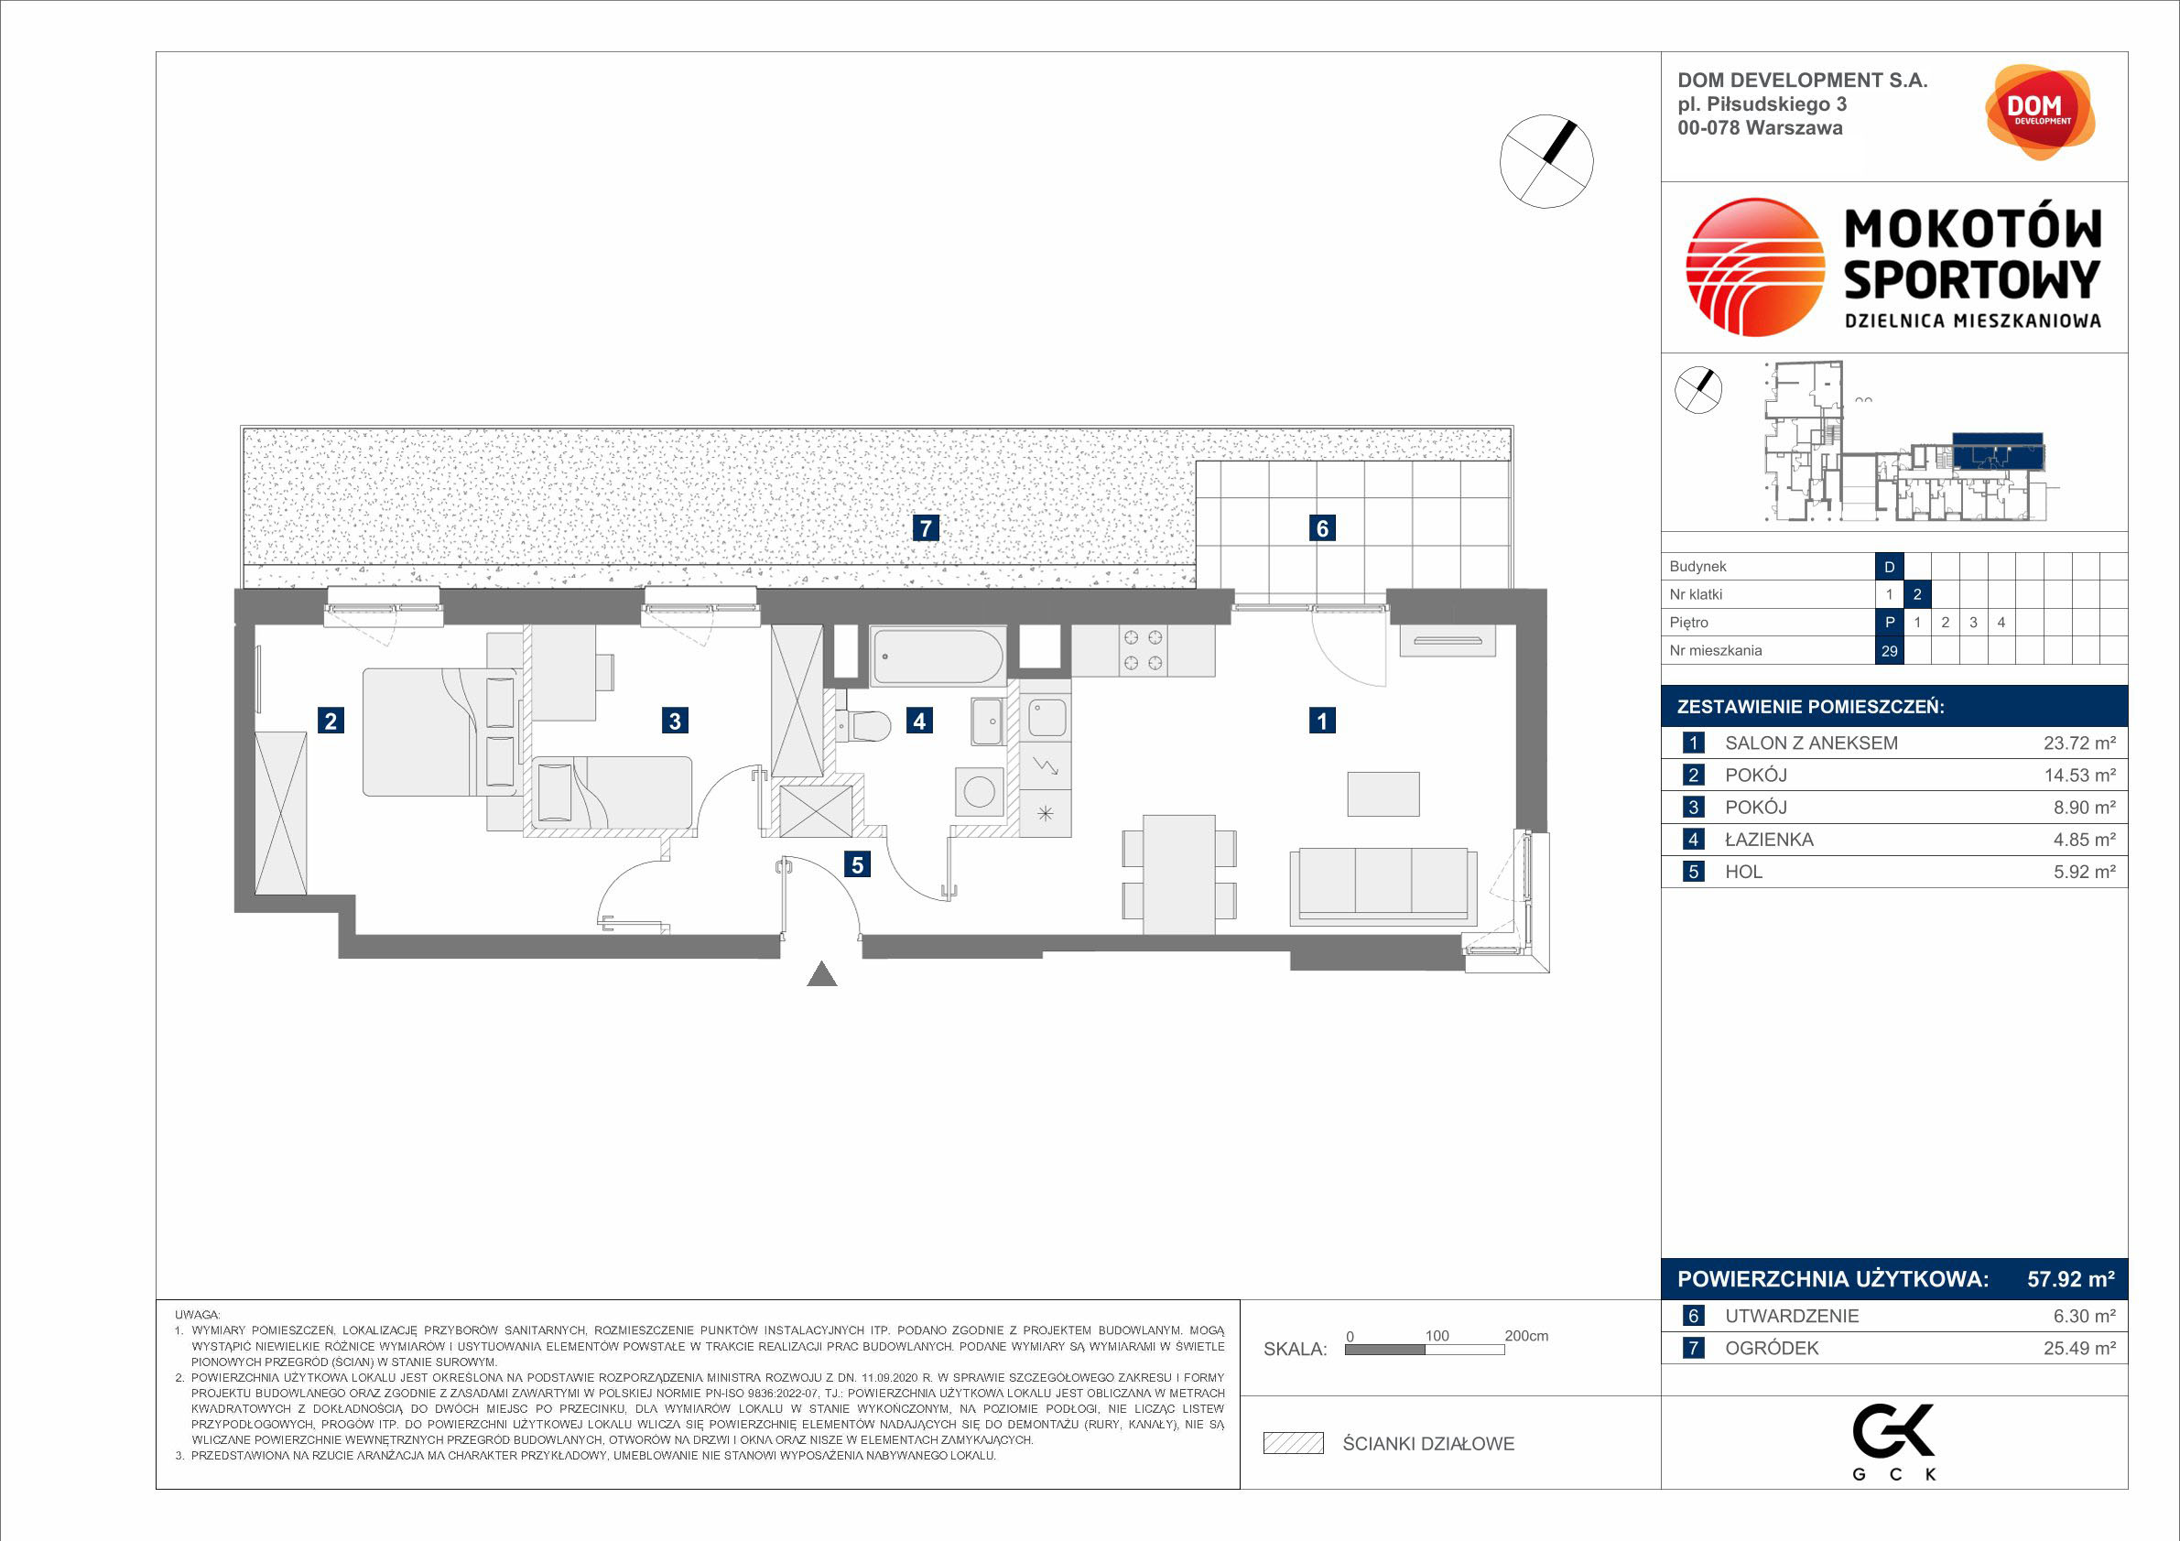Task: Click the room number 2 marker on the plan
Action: click(x=331, y=721)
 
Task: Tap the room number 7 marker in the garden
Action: click(x=926, y=528)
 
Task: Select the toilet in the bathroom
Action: click(x=863, y=726)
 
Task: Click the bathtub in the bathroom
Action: click(x=938, y=656)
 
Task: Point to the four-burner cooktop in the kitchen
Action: click(x=1144, y=650)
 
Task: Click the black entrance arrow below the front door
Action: click(x=821, y=974)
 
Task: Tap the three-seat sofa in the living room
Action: click(x=1383, y=887)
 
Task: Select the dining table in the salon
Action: click(x=1179, y=874)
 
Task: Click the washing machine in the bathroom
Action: click(x=979, y=791)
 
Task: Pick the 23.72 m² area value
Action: click(x=2079, y=743)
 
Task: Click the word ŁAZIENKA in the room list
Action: click(x=1769, y=840)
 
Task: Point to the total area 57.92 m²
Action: click(x=2071, y=1279)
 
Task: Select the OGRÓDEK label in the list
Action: click(x=1772, y=1348)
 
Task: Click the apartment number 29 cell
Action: click(x=1890, y=651)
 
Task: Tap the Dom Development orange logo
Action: click(x=2040, y=112)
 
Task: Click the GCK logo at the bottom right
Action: click(x=1893, y=1441)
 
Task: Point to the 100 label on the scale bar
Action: click(x=1437, y=1336)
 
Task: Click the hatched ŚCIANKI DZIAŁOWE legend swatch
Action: click(x=1293, y=1443)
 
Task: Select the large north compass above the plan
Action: click(x=1546, y=161)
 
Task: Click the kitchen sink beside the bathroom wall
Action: click(x=1047, y=719)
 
